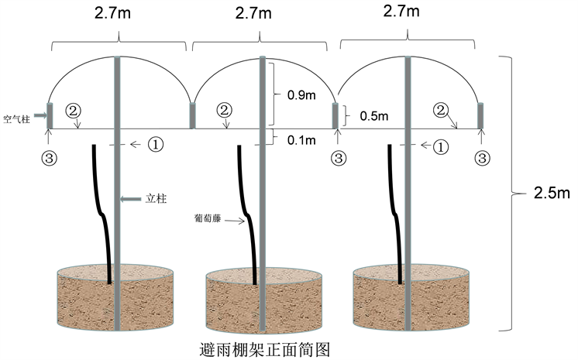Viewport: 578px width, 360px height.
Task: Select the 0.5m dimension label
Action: [x=373, y=116]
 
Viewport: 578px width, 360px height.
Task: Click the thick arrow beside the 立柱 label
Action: [x=134, y=199]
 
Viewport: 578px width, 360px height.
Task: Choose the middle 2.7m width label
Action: [x=253, y=13]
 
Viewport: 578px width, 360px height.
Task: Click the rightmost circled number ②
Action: [x=441, y=111]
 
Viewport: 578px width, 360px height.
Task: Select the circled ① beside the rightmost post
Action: [x=442, y=145]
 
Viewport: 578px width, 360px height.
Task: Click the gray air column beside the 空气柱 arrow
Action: [x=49, y=116]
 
